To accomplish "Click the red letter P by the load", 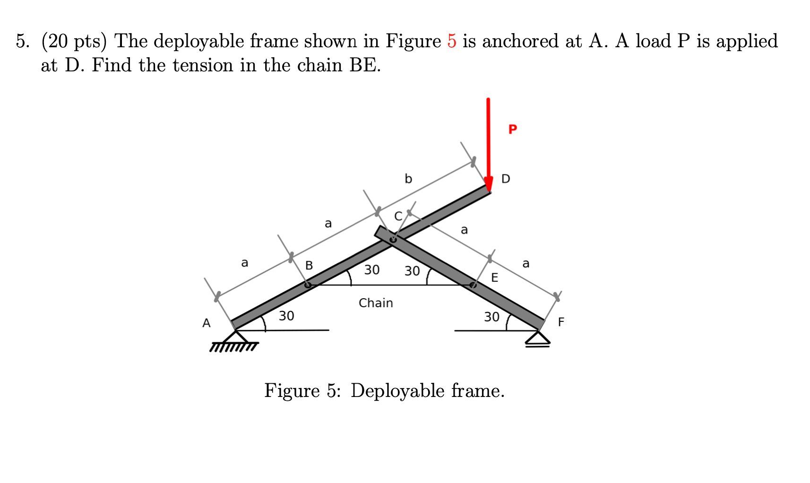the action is (x=513, y=129).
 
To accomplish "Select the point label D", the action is (x=506, y=179).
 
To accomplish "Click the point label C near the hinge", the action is (x=398, y=216).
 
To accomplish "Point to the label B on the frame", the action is (x=309, y=265).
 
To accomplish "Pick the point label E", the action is (x=494, y=277).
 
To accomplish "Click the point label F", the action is (x=561, y=322).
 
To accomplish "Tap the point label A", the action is (x=206, y=323).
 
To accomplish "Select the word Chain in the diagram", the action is (x=376, y=302).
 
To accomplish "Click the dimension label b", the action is (x=408, y=179).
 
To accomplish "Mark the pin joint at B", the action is (x=308, y=285).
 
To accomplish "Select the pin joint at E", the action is (x=473, y=285).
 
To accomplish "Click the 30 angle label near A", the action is (x=286, y=315).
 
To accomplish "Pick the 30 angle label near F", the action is (x=491, y=317).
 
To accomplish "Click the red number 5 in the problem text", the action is (x=452, y=41).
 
